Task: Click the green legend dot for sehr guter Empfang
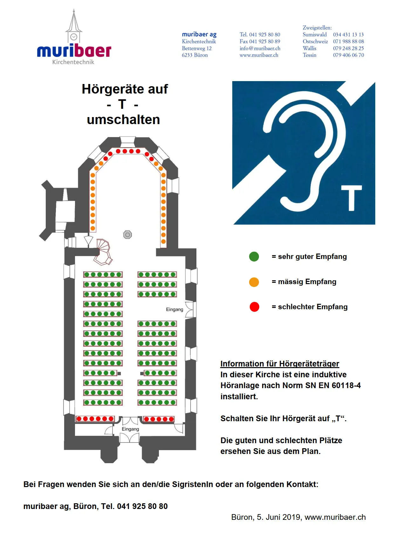254,256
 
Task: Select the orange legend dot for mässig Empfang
254,282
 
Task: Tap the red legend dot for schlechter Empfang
254,307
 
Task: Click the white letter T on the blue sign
351,198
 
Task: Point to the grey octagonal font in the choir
127,235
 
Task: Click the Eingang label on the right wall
174,309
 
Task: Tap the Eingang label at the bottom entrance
130,429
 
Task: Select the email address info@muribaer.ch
260,48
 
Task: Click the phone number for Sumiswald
348,35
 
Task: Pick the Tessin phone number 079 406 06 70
348,55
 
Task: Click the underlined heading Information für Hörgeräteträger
280,364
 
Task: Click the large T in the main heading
122,104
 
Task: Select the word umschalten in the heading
123,120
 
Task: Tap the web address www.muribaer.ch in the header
259,55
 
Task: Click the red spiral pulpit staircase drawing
103,252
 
